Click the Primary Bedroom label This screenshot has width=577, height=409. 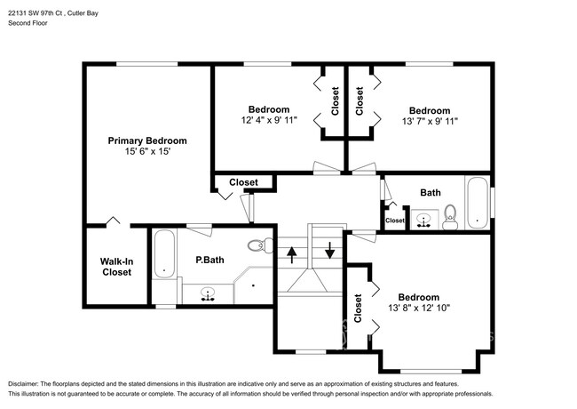(147, 140)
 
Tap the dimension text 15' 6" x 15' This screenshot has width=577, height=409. (147, 152)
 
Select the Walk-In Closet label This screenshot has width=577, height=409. (115, 267)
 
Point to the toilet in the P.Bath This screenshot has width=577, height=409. (258, 245)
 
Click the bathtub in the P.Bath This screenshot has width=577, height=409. (164, 254)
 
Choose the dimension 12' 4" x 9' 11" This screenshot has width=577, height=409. (268, 120)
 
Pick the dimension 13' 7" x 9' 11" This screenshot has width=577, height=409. (430, 120)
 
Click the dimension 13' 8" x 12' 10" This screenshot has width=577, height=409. (418, 308)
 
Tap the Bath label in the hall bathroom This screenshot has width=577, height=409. (431, 192)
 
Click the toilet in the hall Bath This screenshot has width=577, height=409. (450, 215)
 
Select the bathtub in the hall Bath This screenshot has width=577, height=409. (477, 203)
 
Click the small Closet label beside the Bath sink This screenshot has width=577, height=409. (394, 221)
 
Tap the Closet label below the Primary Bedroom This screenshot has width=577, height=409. (243, 182)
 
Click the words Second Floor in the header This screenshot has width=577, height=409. (28, 24)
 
